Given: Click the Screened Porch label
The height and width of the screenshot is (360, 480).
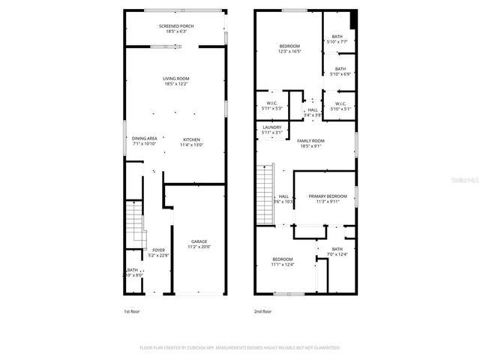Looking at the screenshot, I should (x=176, y=28).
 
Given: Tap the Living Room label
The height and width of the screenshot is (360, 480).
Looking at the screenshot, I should (x=176, y=81).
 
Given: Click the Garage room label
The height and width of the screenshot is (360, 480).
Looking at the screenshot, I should (x=199, y=244).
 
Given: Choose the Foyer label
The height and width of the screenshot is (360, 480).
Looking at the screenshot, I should (x=158, y=252).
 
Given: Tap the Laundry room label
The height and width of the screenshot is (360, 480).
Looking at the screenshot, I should (x=272, y=130).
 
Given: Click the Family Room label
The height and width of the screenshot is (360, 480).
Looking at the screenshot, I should (x=310, y=143).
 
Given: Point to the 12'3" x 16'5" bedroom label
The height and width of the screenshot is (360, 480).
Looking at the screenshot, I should (x=289, y=49).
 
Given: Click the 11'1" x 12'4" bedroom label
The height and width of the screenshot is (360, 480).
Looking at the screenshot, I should (x=282, y=262).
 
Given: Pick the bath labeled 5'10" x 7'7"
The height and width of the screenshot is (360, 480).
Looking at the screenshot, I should (x=337, y=39).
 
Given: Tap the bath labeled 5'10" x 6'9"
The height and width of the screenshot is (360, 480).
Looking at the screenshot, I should (x=340, y=71).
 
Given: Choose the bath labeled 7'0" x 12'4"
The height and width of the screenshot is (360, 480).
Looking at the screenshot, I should (x=337, y=252).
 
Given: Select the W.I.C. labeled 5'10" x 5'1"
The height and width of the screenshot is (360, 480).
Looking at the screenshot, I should (x=340, y=106).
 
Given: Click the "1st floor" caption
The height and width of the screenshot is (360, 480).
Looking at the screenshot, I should (x=131, y=310).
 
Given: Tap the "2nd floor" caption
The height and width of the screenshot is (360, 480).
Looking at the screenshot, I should (x=262, y=310).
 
